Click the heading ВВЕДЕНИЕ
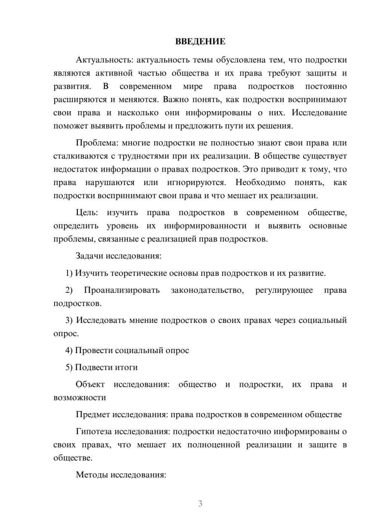tap(200, 42)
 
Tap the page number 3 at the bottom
tap(200, 504)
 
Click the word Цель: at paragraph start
tap(87, 213)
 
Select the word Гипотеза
tap(93, 432)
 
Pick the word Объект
tap(90, 385)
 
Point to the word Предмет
tap(93, 415)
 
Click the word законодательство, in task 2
tap(207, 290)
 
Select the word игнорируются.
tap(196, 183)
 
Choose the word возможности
tap(80, 398)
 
